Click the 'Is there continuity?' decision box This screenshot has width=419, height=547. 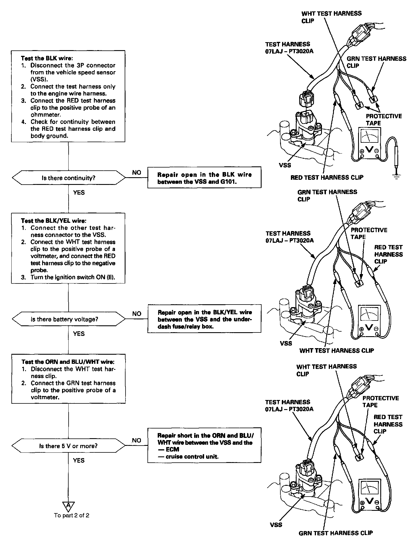tap(68, 178)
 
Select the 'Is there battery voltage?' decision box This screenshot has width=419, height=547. tap(68, 319)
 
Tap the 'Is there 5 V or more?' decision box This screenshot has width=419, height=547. tap(68, 446)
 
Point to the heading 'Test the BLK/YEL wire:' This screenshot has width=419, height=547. tap(54, 221)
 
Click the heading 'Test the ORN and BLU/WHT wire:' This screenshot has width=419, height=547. tap(68, 362)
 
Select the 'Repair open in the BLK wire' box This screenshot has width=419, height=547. tap(204, 178)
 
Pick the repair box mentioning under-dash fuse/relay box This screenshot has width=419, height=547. tap(204, 319)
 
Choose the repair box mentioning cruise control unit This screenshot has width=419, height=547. tap(204, 446)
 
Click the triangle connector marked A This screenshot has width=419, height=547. tap(68, 505)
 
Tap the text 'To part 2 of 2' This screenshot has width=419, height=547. tap(71, 515)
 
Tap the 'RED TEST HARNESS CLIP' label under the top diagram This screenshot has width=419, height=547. tap(327, 177)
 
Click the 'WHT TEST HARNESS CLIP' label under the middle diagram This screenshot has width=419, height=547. tap(336, 351)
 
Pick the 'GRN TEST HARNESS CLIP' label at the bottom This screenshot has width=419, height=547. tap(336, 533)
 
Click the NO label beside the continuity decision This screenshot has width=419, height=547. tap(137, 173)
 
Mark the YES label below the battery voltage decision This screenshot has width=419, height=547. tap(79, 334)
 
